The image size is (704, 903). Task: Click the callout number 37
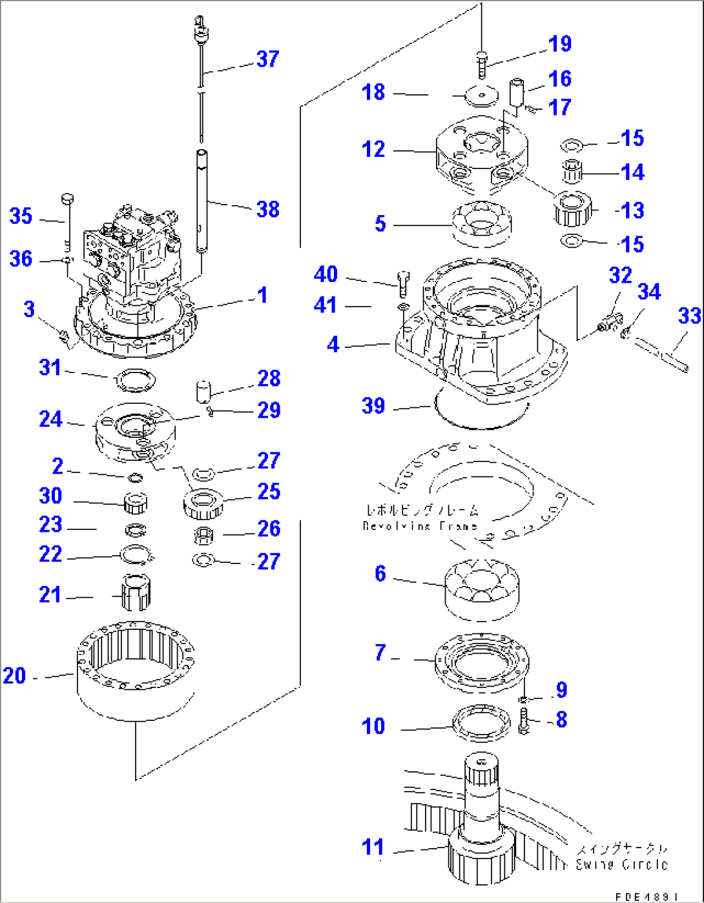click(267, 59)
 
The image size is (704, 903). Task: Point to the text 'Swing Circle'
click(621, 865)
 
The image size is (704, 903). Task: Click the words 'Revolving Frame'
click(420, 526)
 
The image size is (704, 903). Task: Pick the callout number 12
click(373, 150)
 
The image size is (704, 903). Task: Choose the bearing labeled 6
click(482, 589)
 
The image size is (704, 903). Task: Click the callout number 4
click(333, 345)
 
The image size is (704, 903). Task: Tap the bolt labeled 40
click(400, 280)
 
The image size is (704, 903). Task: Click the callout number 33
click(689, 316)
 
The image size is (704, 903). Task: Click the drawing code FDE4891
click(646, 897)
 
